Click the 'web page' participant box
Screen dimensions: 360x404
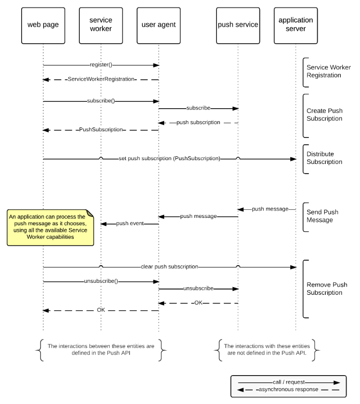(43, 25)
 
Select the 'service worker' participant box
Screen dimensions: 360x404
(101, 25)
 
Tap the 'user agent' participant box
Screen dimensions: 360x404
(159, 25)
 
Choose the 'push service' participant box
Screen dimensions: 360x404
(238, 25)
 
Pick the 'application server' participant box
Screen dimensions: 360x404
(296, 25)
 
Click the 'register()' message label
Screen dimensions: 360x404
(101, 64)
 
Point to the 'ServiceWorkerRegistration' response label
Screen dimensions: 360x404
(101, 79)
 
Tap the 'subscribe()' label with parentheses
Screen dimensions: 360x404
(101, 101)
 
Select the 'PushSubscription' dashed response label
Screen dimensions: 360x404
(101, 129)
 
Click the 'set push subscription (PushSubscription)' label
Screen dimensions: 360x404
(169, 158)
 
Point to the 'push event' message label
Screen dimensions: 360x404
(130, 223)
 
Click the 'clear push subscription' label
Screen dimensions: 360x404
(169, 266)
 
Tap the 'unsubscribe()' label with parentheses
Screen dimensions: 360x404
(101, 281)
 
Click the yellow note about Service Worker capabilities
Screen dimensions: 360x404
(50, 227)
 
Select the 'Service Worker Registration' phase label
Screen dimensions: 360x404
(329, 71)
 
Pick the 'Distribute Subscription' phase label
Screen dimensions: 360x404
(324, 158)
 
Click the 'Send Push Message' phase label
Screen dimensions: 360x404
(322, 216)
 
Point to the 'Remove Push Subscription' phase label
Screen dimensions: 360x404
(327, 289)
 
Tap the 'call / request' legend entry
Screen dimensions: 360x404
(289, 382)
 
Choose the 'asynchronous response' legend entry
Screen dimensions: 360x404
(288, 389)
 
